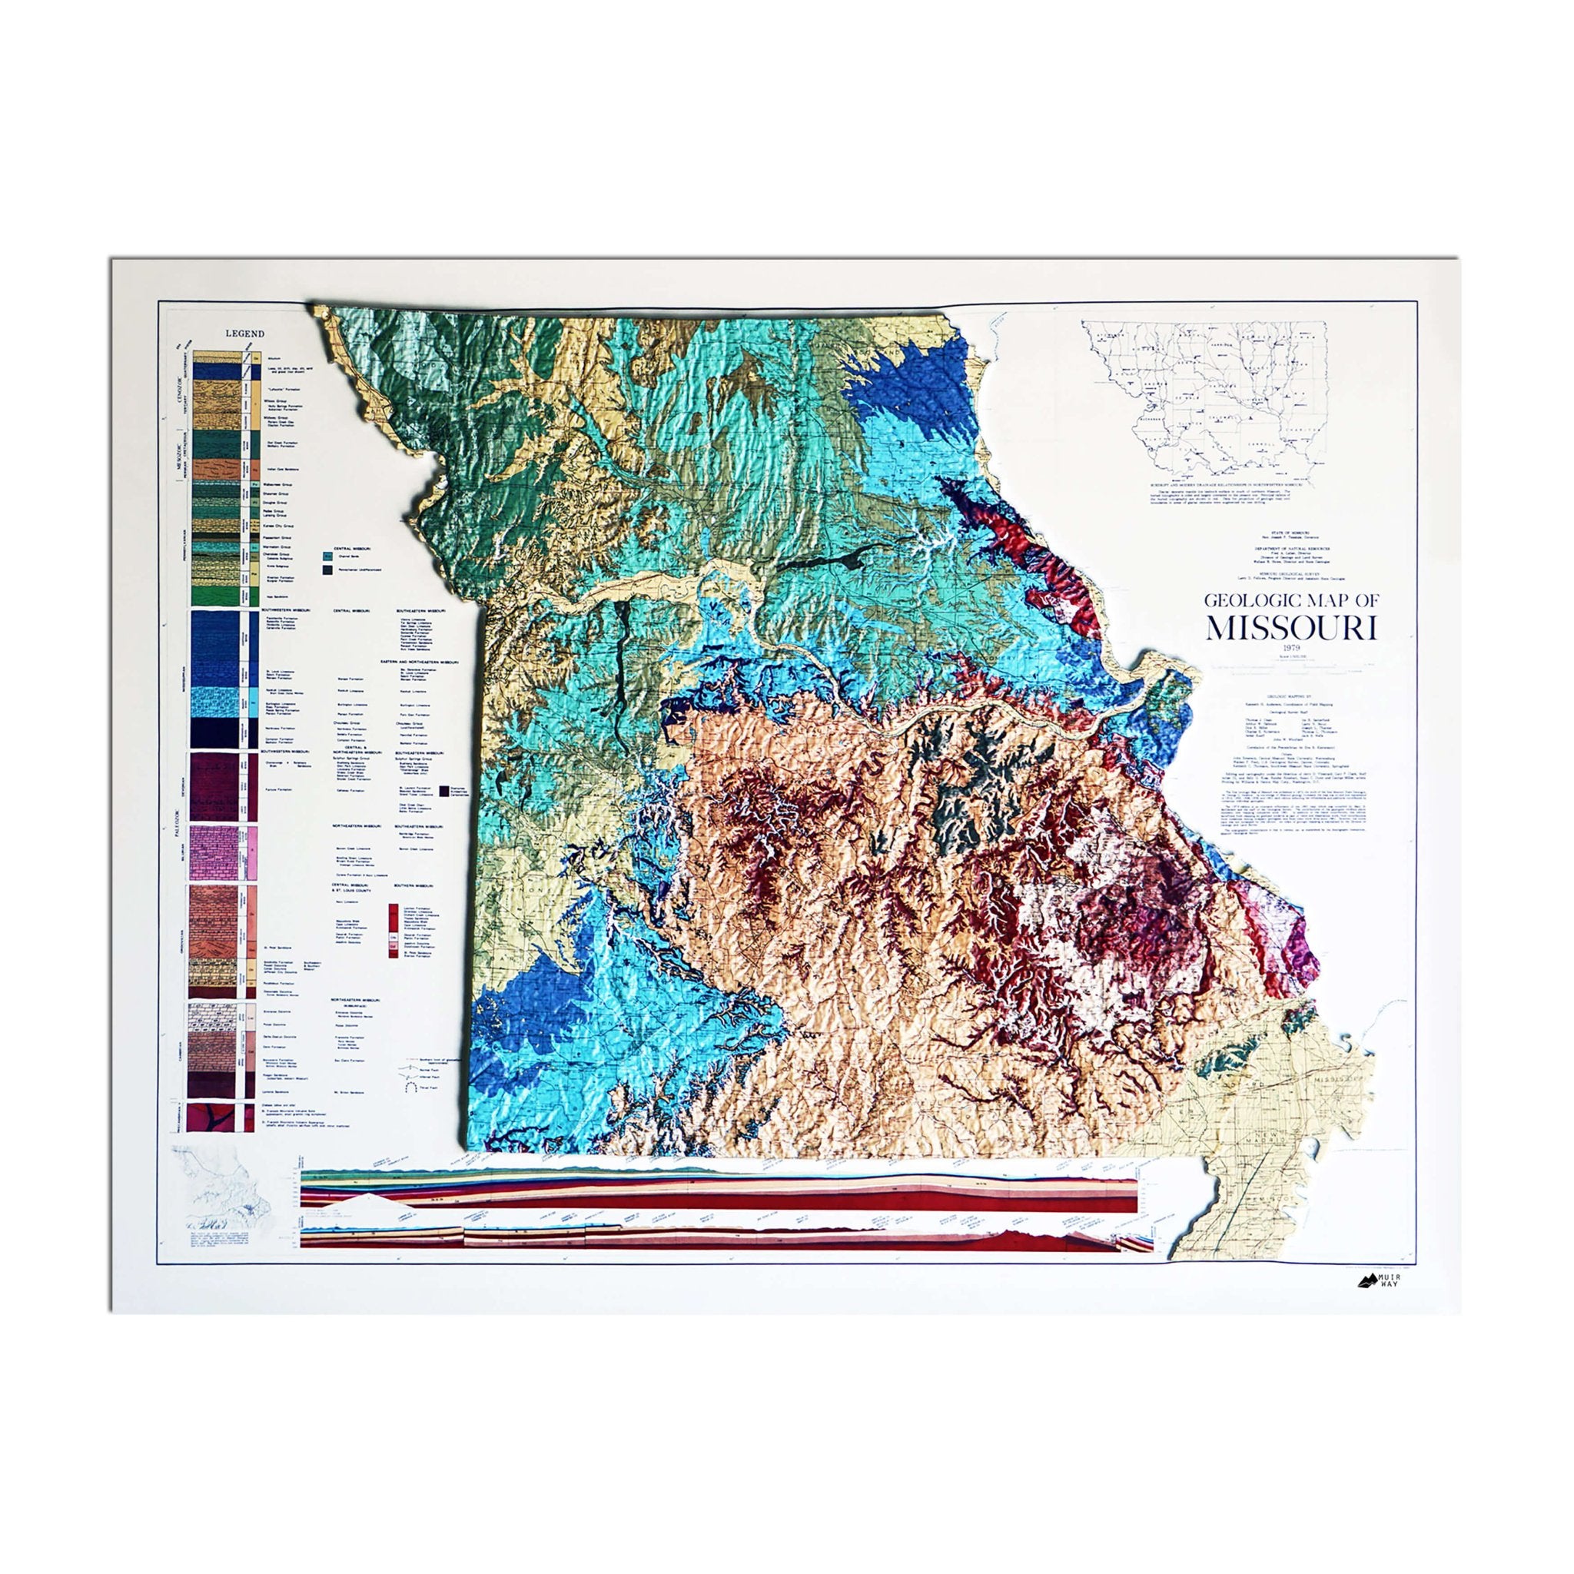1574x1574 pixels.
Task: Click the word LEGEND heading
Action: (244, 334)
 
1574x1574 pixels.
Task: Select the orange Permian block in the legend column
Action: (217, 470)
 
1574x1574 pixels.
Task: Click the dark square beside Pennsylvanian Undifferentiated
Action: (327, 571)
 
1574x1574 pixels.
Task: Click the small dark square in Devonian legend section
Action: (444, 790)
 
